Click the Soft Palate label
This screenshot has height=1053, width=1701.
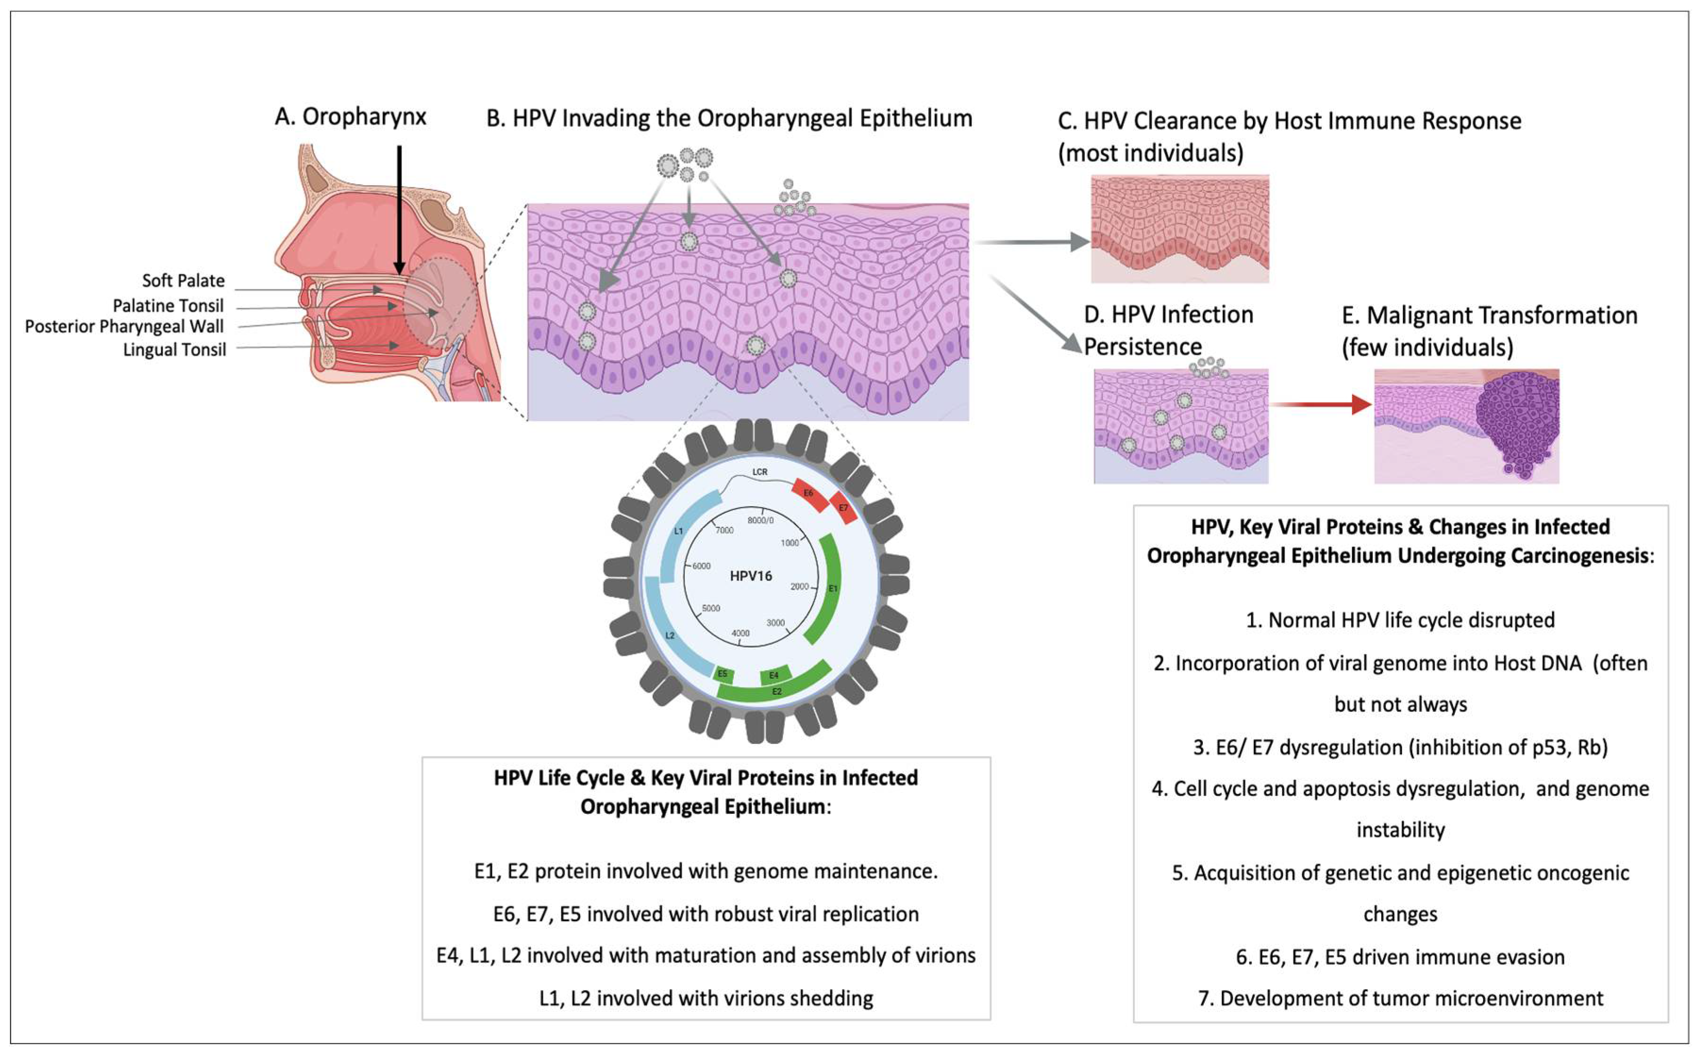183,281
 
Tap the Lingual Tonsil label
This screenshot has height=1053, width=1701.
174,350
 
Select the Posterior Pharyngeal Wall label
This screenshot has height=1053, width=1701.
124,326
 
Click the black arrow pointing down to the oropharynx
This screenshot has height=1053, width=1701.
399,209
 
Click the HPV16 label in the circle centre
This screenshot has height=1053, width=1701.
750,576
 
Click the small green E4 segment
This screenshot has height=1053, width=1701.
774,675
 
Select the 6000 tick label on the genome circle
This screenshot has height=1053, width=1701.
701,566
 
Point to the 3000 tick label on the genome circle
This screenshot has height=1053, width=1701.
775,623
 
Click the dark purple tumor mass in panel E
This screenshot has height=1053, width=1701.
1518,425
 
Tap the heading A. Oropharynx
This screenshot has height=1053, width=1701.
350,117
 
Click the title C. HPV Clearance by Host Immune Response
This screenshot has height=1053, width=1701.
1289,121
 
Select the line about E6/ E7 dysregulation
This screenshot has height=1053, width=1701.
1400,747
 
